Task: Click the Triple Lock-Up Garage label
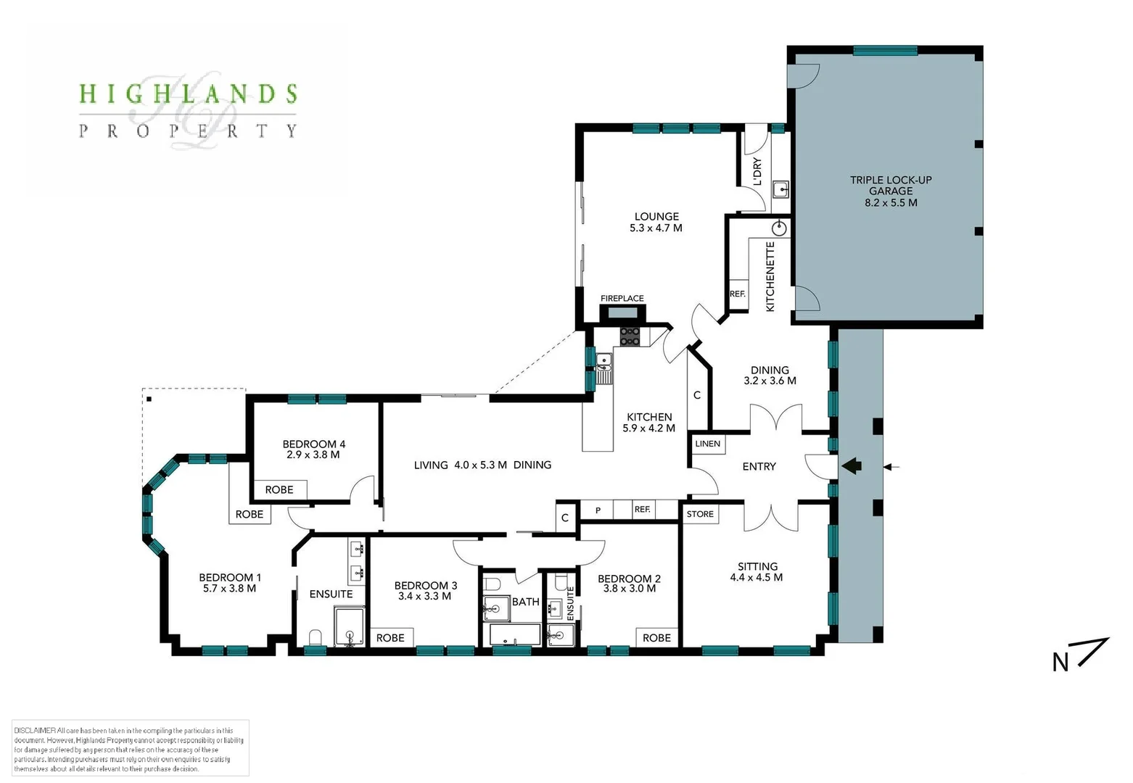click(x=891, y=191)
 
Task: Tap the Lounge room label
click(x=656, y=216)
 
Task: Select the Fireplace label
click(x=622, y=298)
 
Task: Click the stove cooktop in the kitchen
click(x=630, y=336)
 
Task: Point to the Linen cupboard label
click(x=708, y=444)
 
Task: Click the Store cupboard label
click(x=700, y=514)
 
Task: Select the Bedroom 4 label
click(x=313, y=444)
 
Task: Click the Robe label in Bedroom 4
click(x=279, y=489)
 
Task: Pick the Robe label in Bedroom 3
click(x=390, y=637)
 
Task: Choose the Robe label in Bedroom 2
click(x=656, y=637)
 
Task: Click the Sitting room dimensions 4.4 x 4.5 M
click(x=757, y=578)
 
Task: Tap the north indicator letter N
click(x=1060, y=662)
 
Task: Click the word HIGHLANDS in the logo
click(x=188, y=94)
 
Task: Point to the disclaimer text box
click(x=131, y=748)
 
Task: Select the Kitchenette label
click(x=770, y=276)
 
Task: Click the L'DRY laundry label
click(x=757, y=171)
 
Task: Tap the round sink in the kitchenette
click(x=780, y=229)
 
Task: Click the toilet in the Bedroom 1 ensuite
click(x=316, y=637)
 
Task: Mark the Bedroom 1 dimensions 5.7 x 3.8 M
click(x=229, y=589)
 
